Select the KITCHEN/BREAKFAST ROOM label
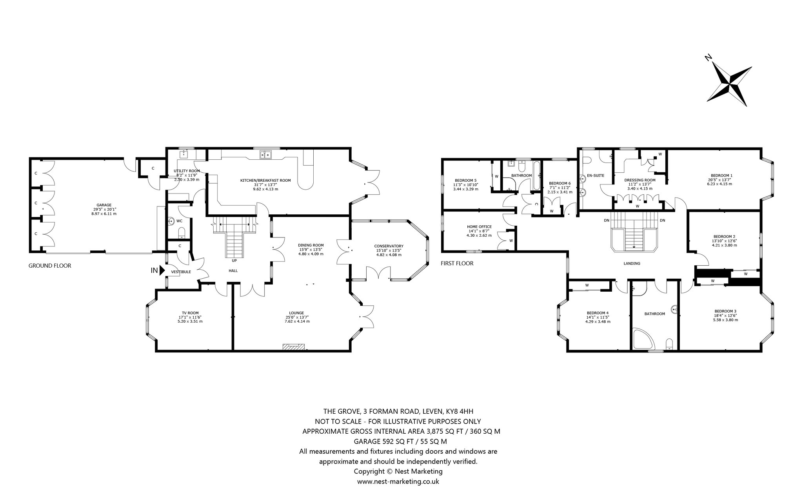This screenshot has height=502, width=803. (265, 181)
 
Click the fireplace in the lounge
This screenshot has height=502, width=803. (294, 347)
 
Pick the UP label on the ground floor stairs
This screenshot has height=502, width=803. (234, 260)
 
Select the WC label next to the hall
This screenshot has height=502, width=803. (180, 221)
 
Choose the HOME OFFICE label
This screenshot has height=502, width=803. (479, 226)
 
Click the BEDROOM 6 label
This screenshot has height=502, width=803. (560, 183)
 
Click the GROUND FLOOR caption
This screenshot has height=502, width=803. (50, 266)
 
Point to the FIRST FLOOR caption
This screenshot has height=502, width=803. (457, 263)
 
